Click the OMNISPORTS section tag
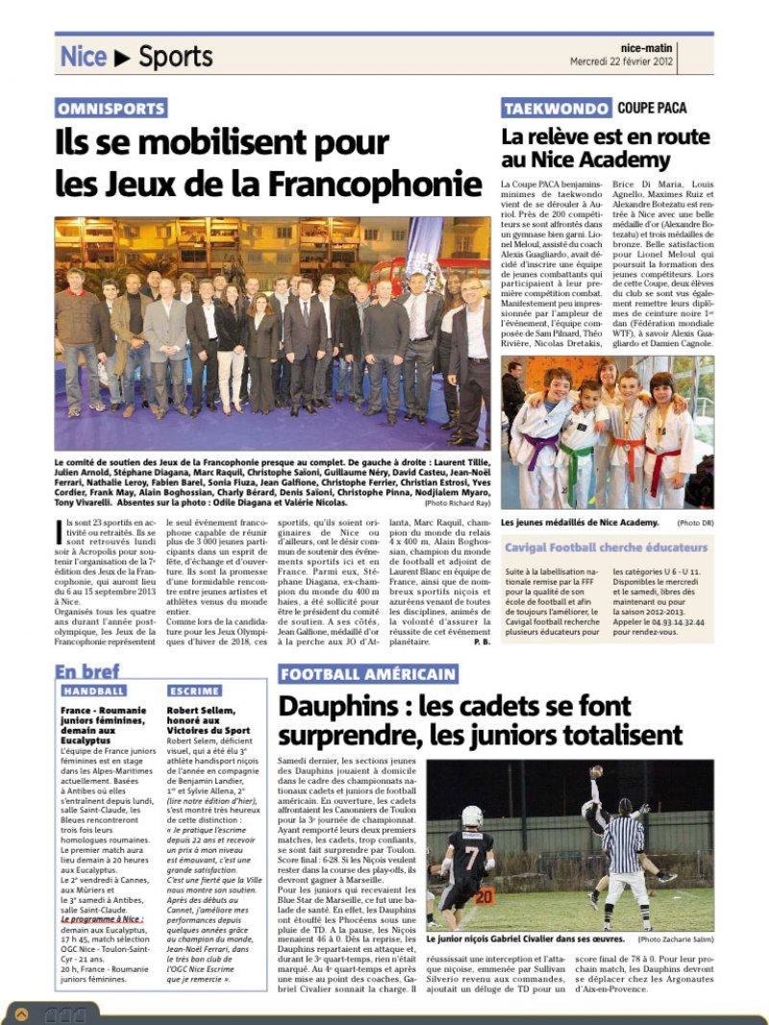[111, 109]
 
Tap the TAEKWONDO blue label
[556, 109]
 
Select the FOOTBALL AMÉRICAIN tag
[368, 674]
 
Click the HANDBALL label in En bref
[94, 690]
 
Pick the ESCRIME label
[194, 690]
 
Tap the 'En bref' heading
[87, 671]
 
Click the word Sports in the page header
[175, 57]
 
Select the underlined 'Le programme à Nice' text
[101, 918]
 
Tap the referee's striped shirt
[625, 842]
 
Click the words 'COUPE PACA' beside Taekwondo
[653, 108]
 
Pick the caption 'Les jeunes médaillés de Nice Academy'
[580, 521]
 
